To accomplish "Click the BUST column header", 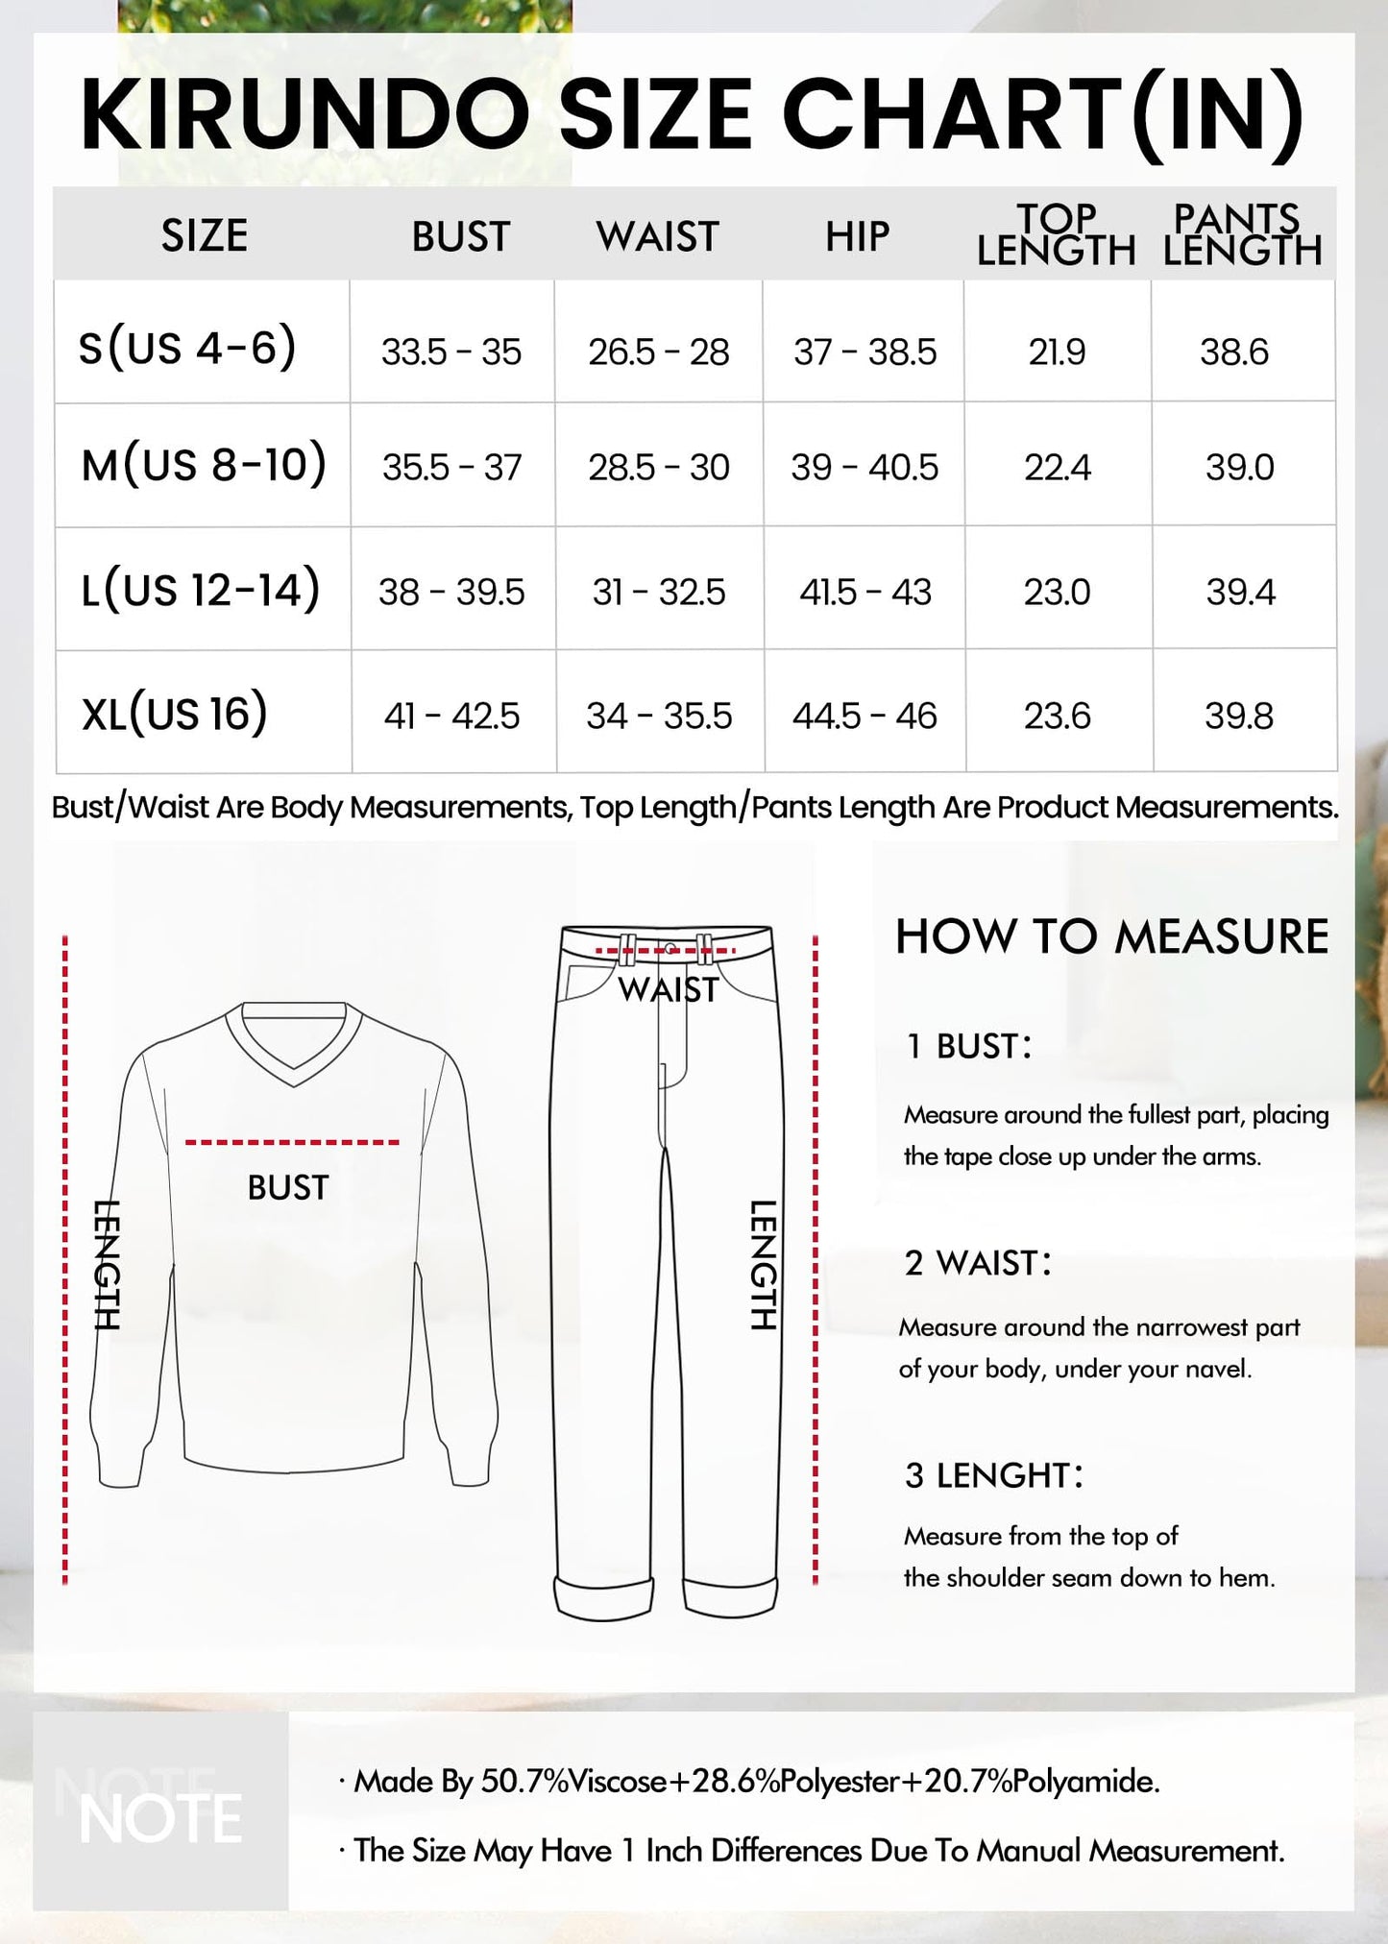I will pyautogui.click(x=460, y=236).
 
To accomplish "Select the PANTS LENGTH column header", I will pyautogui.click(x=1241, y=234).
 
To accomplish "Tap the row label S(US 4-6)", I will pyautogui.click(x=187, y=347).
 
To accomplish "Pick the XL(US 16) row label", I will pyautogui.click(x=175, y=714).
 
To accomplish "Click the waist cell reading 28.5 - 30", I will pyautogui.click(x=659, y=468).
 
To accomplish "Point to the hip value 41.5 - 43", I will pyautogui.click(x=864, y=592).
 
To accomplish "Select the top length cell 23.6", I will pyautogui.click(x=1057, y=716).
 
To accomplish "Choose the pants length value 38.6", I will pyautogui.click(x=1234, y=352).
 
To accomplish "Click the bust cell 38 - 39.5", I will pyautogui.click(x=451, y=592).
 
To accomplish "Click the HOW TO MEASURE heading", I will pyautogui.click(x=1111, y=936).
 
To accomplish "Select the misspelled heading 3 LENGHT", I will pyautogui.click(x=993, y=1475).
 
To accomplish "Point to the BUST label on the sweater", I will pyautogui.click(x=288, y=1188).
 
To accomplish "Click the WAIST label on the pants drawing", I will pyautogui.click(x=668, y=989).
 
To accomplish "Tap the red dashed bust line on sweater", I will pyautogui.click(x=292, y=1142).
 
